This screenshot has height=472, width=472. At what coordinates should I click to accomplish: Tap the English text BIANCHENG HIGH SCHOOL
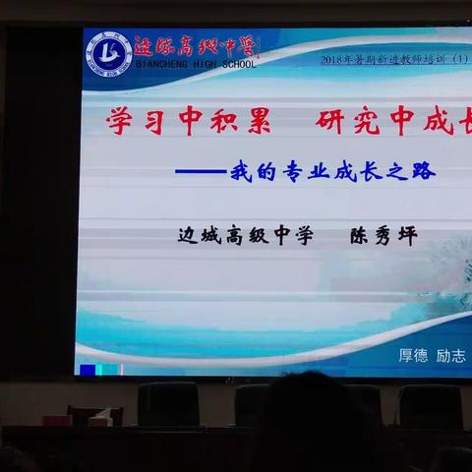194,65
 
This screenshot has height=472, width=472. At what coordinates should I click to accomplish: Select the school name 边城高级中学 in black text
246,236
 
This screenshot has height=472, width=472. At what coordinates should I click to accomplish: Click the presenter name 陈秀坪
384,236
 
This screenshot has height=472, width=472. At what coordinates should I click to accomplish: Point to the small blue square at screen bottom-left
88,371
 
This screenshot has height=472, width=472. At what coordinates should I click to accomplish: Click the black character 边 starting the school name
188,236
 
